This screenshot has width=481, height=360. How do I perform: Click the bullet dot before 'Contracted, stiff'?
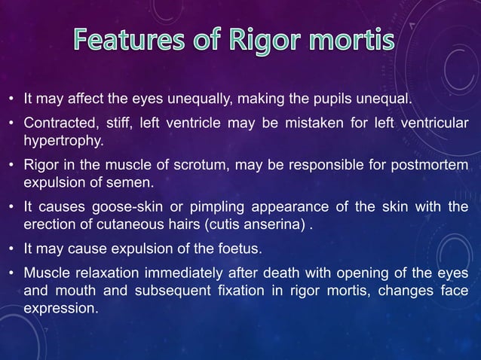click(11, 124)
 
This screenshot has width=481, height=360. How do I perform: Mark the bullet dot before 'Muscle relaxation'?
click(11, 274)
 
